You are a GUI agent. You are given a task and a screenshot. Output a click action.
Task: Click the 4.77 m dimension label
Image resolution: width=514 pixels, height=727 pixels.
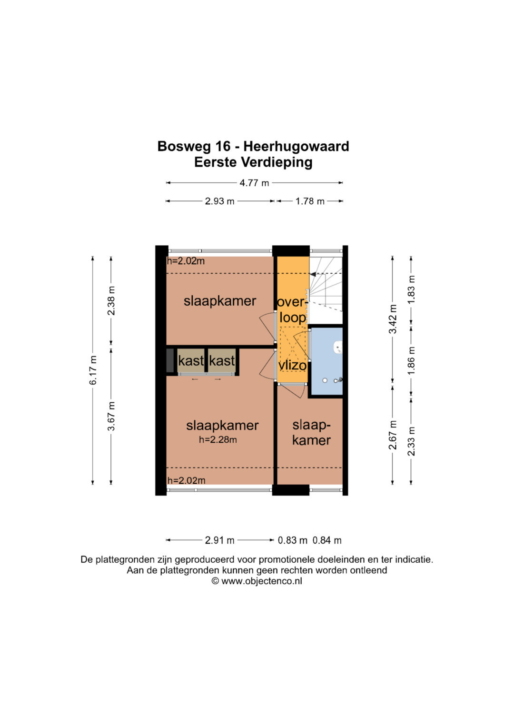[254, 183]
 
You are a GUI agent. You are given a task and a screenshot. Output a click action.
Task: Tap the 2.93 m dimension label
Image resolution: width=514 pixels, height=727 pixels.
[219, 201]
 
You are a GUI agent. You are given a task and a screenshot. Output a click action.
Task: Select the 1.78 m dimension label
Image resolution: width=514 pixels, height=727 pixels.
[309, 201]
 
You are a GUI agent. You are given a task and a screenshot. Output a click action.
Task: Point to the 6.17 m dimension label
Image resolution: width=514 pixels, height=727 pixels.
[93, 370]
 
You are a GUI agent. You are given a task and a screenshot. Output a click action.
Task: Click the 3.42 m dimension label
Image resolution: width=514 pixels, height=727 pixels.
[393, 319]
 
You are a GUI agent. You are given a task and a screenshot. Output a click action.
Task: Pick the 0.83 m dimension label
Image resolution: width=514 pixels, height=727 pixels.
[292, 540]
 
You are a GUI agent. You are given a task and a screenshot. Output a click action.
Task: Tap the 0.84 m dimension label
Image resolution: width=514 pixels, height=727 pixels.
[327, 540]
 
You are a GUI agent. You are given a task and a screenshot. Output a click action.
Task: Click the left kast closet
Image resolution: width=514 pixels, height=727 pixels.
[191, 360]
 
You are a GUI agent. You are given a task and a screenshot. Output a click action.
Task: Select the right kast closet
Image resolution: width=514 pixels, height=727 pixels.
[222, 360]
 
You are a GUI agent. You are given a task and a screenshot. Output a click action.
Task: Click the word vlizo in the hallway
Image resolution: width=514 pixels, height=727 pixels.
[292, 366]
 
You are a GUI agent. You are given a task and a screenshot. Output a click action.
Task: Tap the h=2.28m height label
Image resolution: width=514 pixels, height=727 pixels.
[218, 440]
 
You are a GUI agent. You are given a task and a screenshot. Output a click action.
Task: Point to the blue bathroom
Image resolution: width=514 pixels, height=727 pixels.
[326, 361]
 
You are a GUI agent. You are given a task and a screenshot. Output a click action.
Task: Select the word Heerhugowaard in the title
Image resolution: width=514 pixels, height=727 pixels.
[296, 146]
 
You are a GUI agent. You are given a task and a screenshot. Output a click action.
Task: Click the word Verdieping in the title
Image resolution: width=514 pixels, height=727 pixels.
[277, 163]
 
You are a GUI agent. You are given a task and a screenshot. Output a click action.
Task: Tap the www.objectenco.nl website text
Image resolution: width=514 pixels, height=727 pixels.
[262, 581]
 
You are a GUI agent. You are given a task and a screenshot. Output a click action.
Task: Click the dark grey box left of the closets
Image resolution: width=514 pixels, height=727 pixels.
[170, 360]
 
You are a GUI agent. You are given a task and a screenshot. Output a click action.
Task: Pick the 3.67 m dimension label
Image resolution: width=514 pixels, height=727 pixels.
[111, 416]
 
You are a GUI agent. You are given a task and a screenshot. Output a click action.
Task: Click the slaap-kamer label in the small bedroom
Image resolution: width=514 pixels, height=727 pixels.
[311, 433]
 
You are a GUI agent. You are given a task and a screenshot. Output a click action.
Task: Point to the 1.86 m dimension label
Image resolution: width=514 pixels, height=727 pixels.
[411, 360]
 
